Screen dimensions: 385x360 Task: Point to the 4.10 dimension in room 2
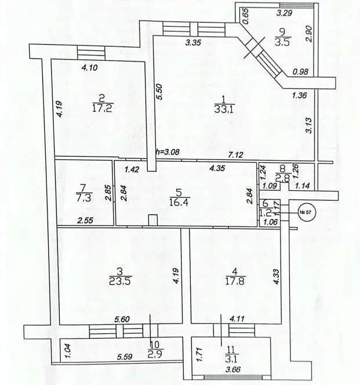pos(90,67)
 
